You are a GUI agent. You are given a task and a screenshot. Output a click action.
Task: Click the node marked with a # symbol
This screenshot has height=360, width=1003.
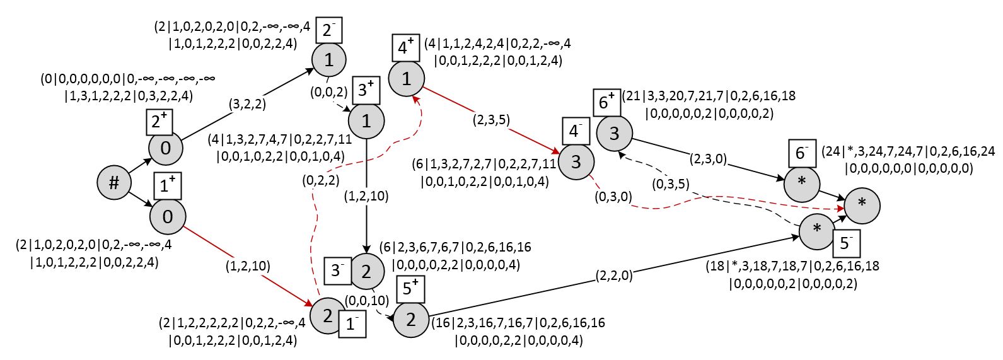pyautogui.click(x=114, y=183)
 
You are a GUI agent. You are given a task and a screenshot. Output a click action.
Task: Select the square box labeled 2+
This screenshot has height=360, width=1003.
pyautogui.click(x=160, y=121)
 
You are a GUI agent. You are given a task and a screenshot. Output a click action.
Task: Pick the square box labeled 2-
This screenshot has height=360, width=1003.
pyautogui.click(x=328, y=30)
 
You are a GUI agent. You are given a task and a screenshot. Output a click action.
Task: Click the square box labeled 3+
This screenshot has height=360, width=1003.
pyautogui.click(x=366, y=90)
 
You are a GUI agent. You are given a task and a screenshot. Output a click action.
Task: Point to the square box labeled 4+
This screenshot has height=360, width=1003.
pyautogui.click(x=406, y=47)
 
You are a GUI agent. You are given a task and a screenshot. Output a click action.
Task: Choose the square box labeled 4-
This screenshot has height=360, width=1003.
pyautogui.click(x=576, y=131)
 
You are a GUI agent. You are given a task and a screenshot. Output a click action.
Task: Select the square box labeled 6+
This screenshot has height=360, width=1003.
pyautogui.click(x=606, y=103)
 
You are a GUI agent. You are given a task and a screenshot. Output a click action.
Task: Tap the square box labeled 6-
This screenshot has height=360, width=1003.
pyautogui.click(x=802, y=154)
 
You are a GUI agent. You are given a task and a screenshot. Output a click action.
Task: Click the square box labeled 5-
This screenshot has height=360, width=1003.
pyautogui.click(x=846, y=243)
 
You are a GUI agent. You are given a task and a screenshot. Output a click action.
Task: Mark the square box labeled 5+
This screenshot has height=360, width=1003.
pyautogui.click(x=410, y=289)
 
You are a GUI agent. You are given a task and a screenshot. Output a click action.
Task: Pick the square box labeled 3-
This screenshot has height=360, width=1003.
pyautogui.click(x=338, y=271)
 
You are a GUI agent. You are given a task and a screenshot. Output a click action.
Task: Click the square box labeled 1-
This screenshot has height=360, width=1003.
pyautogui.click(x=352, y=323)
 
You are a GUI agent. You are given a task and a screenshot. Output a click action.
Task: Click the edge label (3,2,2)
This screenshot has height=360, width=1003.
pyautogui.click(x=247, y=104)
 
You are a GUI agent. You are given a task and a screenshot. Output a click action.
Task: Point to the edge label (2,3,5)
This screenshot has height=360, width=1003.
pyautogui.click(x=491, y=120)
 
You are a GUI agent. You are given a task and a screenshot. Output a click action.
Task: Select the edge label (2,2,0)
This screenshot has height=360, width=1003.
pyautogui.click(x=614, y=276)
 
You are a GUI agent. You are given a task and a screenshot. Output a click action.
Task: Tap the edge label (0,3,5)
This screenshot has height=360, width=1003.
pyautogui.click(x=670, y=184)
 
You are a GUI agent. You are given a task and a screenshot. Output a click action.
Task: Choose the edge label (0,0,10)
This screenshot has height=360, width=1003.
pyautogui.click(x=367, y=301)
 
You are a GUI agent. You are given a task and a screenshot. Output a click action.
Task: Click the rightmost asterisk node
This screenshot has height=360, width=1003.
pyautogui.click(x=862, y=206)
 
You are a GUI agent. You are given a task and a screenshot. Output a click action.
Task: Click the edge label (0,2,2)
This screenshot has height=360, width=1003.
pyautogui.click(x=321, y=180)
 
